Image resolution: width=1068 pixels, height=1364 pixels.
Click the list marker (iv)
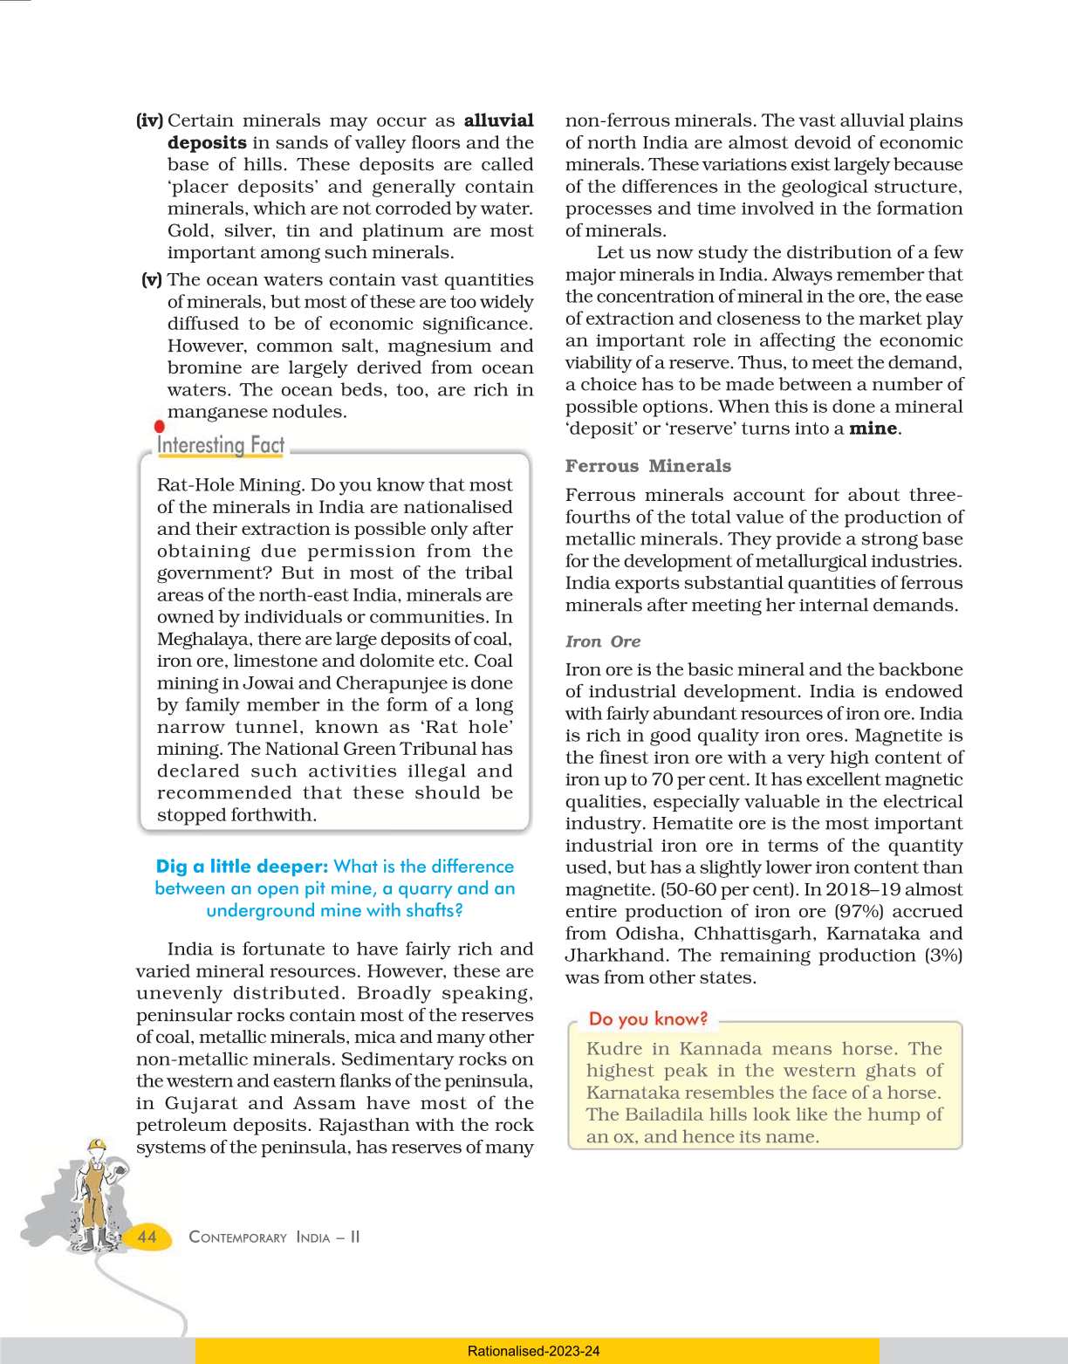(149, 120)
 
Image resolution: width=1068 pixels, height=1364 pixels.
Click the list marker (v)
(152, 279)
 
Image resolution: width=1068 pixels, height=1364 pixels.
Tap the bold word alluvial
(498, 120)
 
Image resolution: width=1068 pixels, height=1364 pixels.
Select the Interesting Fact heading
(221, 445)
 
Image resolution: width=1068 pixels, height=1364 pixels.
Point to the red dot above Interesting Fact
(159, 427)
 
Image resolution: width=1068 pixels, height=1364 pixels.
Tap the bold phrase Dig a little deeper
(242, 867)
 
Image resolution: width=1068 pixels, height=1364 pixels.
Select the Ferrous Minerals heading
(648, 466)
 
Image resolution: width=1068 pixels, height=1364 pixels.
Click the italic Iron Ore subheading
(603, 641)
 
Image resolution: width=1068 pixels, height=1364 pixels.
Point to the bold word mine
(873, 428)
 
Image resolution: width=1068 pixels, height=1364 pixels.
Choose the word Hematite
(695, 824)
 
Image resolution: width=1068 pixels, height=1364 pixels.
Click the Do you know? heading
(648, 1018)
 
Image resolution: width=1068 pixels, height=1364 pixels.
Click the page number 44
(147, 1237)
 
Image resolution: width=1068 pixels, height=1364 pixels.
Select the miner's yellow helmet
(97, 1144)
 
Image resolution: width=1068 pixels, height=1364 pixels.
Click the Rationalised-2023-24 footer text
(533, 1351)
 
